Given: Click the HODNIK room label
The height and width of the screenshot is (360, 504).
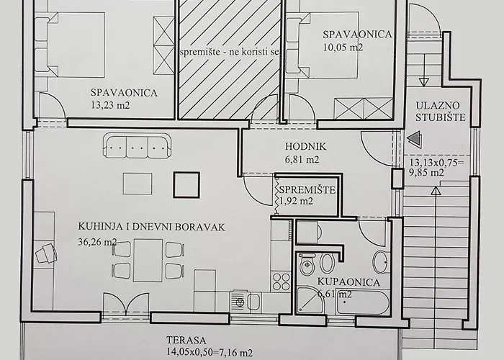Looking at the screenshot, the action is [305, 147].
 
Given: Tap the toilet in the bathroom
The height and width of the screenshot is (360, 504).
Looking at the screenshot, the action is [306, 264].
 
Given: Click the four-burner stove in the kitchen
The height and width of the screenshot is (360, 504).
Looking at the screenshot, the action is [281, 282].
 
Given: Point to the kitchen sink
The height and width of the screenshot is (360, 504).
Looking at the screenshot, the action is [246, 301].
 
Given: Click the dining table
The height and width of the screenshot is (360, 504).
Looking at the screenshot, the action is [148, 260].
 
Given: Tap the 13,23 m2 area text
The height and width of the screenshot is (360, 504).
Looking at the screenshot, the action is [110, 105].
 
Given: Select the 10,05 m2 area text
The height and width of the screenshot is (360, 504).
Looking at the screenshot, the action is [343, 48].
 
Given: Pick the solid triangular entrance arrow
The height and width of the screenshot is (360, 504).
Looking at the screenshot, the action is [415, 138].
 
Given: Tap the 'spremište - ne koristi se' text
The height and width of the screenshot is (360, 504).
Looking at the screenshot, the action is [230, 52].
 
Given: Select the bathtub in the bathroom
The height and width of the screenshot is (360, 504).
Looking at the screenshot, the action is [363, 302].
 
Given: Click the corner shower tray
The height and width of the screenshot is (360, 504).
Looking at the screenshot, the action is [310, 300].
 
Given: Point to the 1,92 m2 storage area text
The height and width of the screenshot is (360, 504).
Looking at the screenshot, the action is [296, 201].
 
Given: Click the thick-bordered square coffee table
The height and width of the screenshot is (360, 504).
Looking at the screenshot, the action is [186, 184].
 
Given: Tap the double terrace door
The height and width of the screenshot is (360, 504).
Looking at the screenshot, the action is [126, 305].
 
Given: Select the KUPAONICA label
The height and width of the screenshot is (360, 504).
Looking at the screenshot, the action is [348, 282].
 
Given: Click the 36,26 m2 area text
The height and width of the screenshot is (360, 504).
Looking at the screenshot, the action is [97, 242].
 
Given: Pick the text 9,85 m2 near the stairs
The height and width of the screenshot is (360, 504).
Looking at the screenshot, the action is [426, 173].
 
